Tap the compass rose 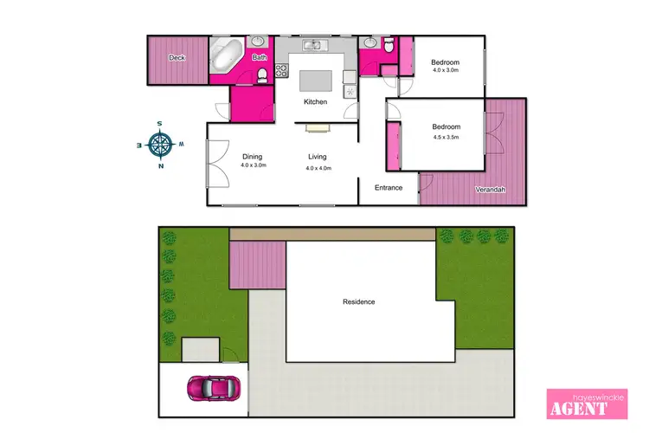pos(161,144)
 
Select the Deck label pos(177,58)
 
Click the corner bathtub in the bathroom pos(228,56)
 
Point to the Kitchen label pos(315,102)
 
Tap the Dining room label pos(253,157)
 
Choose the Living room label pos(318,157)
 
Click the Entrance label pos(389,188)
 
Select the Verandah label pos(490,191)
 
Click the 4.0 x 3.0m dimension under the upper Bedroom pos(445,71)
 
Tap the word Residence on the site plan pos(358,301)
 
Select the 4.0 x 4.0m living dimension pos(318,167)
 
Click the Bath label pos(260,58)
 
